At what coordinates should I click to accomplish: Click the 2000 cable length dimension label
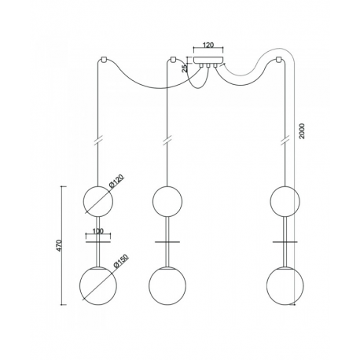tap(302, 131)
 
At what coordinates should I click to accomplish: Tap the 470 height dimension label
tap(60, 245)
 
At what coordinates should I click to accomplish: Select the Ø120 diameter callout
tap(116, 182)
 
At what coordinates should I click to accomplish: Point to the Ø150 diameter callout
tap(122, 261)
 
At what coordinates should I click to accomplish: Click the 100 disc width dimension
tap(98, 231)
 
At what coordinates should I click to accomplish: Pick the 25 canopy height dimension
tap(185, 68)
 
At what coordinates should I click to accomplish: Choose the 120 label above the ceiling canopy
tap(208, 45)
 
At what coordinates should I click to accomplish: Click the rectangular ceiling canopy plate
tap(208, 61)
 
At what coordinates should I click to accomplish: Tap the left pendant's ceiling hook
tap(104, 59)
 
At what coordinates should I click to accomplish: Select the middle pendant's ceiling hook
tap(172, 59)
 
